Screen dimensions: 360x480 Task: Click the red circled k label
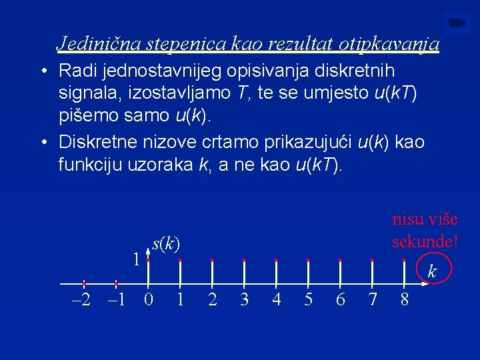pyautogui.click(x=432, y=271)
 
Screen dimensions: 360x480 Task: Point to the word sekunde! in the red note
pyautogui.click(x=425, y=241)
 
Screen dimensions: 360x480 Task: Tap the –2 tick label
pyautogui.click(x=82, y=300)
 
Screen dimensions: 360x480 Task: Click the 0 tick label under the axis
pyautogui.click(x=149, y=300)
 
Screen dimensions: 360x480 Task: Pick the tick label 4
pyautogui.click(x=276, y=300)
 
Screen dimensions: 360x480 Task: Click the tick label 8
pyautogui.click(x=404, y=300)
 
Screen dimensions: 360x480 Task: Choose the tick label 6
pyautogui.click(x=340, y=300)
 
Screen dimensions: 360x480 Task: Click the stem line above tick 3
pyautogui.click(x=244, y=273)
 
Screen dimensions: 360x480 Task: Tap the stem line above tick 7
pyautogui.click(x=372, y=273)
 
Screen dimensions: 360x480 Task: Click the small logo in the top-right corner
pyautogui.click(x=457, y=24)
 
